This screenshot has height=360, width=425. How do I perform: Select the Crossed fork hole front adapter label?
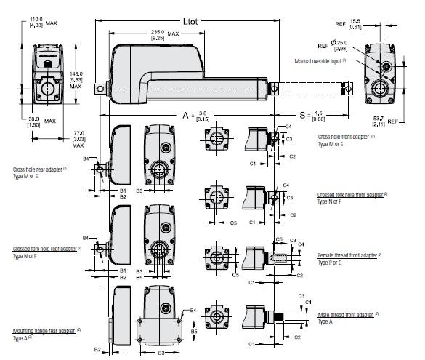click(350, 196)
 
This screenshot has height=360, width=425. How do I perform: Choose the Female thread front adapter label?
click(348, 256)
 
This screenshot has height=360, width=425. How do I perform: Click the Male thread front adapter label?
click(346, 314)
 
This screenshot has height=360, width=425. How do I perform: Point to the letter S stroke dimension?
click(302, 116)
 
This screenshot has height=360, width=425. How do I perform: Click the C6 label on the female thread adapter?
click(280, 239)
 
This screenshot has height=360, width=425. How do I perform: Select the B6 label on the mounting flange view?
click(194, 332)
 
